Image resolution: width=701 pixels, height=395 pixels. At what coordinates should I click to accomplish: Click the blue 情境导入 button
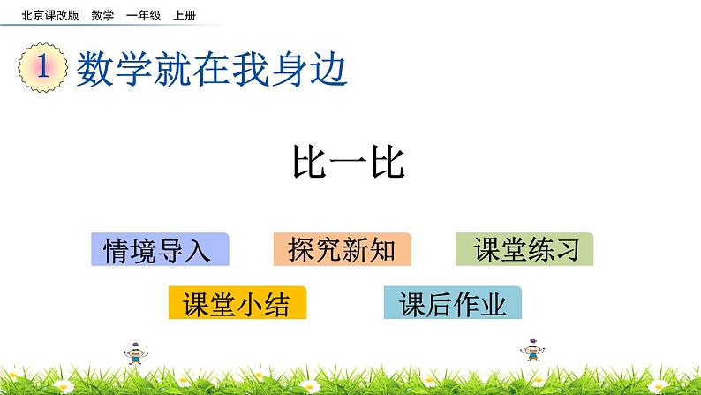tap(159, 250)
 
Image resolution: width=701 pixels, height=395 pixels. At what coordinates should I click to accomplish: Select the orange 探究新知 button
tap(342, 250)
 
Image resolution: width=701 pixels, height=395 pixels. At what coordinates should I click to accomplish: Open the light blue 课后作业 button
tap(453, 303)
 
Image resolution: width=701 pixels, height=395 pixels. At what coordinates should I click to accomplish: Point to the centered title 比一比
tap(349, 163)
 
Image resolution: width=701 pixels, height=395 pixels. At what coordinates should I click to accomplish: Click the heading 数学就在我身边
tap(212, 69)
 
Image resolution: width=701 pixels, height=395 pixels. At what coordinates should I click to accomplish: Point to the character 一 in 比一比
tap(349, 163)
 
